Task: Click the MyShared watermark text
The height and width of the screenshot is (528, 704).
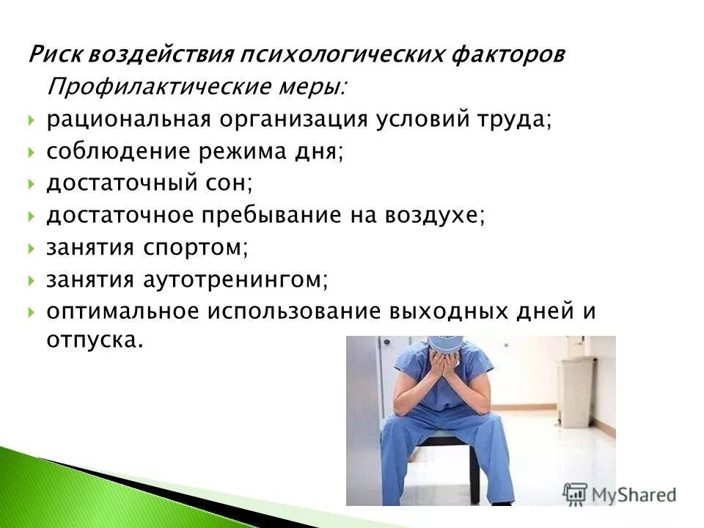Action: pyautogui.click(x=631, y=494)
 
